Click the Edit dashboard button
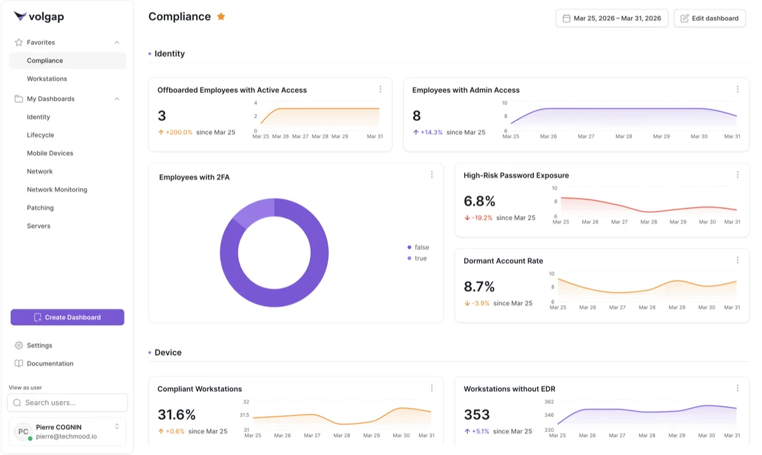[x=709, y=18]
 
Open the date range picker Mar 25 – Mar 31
[x=611, y=18]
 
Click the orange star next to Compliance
[x=221, y=17]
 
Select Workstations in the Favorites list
[x=47, y=79]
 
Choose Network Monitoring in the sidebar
[x=57, y=189]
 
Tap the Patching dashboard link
[x=40, y=208]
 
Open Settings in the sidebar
[x=39, y=345]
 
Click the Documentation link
[x=50, y=363]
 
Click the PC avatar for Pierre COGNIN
[x=23, y=431]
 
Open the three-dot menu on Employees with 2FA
[x=432, y=175]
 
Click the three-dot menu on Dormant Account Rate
[x=737, y=260]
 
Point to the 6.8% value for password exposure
[x=479, y=201]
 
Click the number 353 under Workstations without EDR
[x=476, y=415]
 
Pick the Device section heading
[x=168, y=353]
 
